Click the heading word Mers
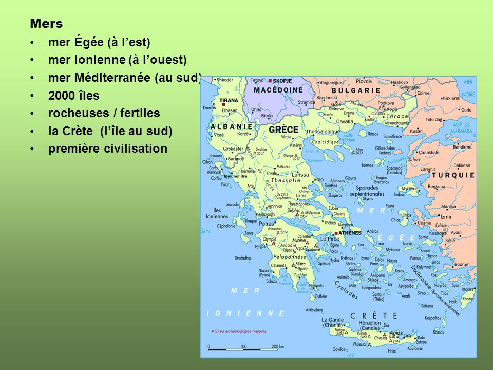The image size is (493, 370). coord(46,24)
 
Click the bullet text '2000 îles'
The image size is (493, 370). coord(74,96)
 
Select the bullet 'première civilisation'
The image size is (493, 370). coord(108,149)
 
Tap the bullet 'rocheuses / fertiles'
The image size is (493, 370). coord(104,113)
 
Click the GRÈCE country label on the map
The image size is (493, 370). coord(284,130)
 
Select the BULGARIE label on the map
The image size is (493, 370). coord(356,90)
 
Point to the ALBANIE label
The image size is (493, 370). coord(232,126)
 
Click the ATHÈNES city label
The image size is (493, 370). coord(350,233)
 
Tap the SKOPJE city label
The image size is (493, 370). coord(281,81)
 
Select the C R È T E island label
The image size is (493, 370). coord(373,316)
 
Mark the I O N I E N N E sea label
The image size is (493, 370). coord(245,312)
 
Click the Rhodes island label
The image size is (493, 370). coord(468,298)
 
